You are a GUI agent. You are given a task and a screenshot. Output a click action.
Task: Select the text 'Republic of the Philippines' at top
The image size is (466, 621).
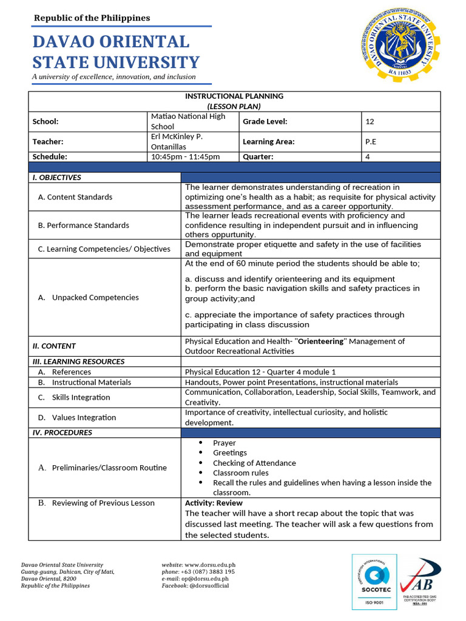click(92, 18)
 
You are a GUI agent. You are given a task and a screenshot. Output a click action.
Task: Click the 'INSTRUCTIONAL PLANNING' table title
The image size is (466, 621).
click(234, 96)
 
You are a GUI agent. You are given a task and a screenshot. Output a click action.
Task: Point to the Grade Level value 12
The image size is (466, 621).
click(370, 121)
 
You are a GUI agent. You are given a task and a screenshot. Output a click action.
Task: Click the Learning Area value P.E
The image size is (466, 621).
click(371, 141)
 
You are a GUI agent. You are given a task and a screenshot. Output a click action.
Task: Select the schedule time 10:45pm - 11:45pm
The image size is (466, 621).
click(185, 156)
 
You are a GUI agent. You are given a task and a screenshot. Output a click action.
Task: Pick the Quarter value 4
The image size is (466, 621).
click(367, 156)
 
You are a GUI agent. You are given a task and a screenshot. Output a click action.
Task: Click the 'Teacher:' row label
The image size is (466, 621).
click(48, 141)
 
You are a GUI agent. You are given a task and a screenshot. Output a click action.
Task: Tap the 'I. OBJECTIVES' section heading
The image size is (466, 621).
click(56, 178)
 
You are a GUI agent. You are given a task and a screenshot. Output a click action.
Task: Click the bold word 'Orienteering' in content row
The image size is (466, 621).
click(320, 341)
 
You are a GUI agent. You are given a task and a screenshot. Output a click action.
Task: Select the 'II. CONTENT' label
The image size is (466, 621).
click(54, 346)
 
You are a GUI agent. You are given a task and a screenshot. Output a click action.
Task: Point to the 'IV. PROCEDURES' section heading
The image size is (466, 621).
click(62, 432)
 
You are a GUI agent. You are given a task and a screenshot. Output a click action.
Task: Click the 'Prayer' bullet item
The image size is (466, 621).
click(224, 443)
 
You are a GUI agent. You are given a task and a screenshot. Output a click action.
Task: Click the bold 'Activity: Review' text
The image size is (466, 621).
click(214, 503)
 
